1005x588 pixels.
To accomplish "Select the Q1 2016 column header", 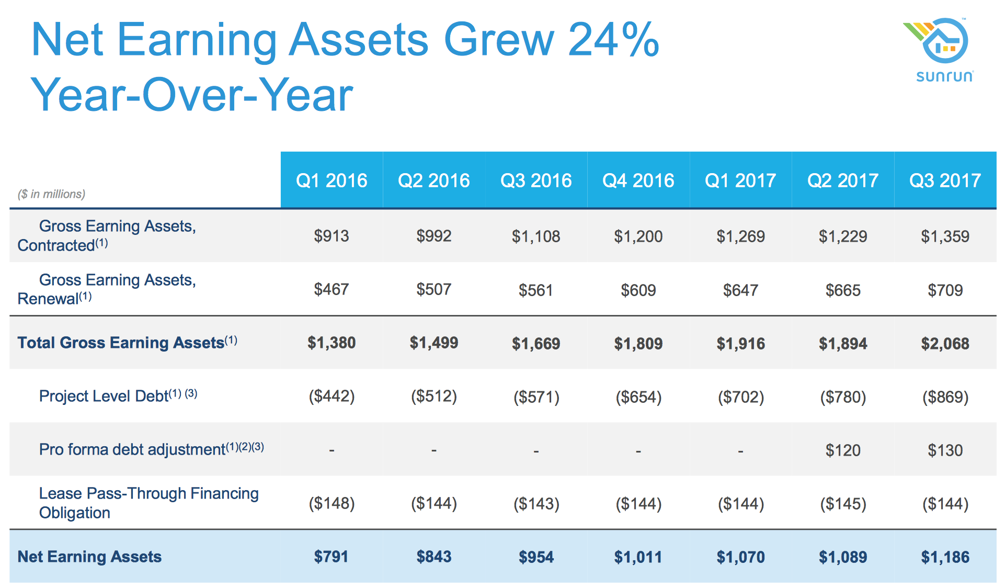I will (x=332, y=180).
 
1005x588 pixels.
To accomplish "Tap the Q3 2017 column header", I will (x=945, y=180).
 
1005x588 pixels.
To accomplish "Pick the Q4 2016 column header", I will (x=638, y=180).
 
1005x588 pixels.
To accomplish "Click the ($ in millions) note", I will (x=51, y=194).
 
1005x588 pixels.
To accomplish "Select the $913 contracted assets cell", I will (x=332, y=236).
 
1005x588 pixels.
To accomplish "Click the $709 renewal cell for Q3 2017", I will (x=945, y=290).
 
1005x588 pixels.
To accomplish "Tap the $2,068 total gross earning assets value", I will (x=945, y=344).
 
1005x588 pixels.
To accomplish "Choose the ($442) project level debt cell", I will (x=332, y=397).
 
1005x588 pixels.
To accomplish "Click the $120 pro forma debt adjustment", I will (x=842, y=450).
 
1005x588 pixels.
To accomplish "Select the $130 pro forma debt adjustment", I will (x=945, y=450).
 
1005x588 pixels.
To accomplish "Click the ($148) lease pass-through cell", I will (x=332, y=504).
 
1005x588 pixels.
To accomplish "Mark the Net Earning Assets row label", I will (x=89, y=557).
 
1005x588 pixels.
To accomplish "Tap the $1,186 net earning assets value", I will (x=945, y=557).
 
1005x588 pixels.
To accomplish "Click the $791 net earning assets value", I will (x=332, y=557).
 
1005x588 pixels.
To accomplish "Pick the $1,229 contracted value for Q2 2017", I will (x=842, y=236).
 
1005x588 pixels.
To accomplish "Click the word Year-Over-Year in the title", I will (x=192, y=95).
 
